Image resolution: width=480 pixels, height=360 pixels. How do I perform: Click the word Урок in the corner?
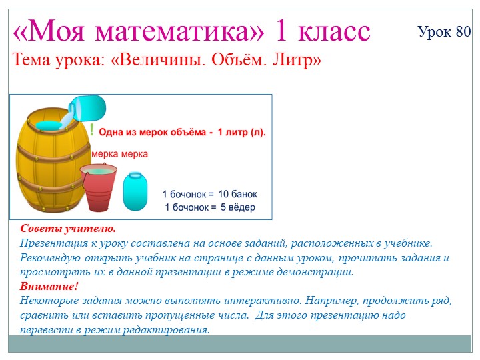(435, 31)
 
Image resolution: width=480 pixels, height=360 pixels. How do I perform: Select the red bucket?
(99, 186)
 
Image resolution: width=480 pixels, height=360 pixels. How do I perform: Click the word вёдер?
(242, 207)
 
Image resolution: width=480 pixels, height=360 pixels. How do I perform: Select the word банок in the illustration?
(245, 195)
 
